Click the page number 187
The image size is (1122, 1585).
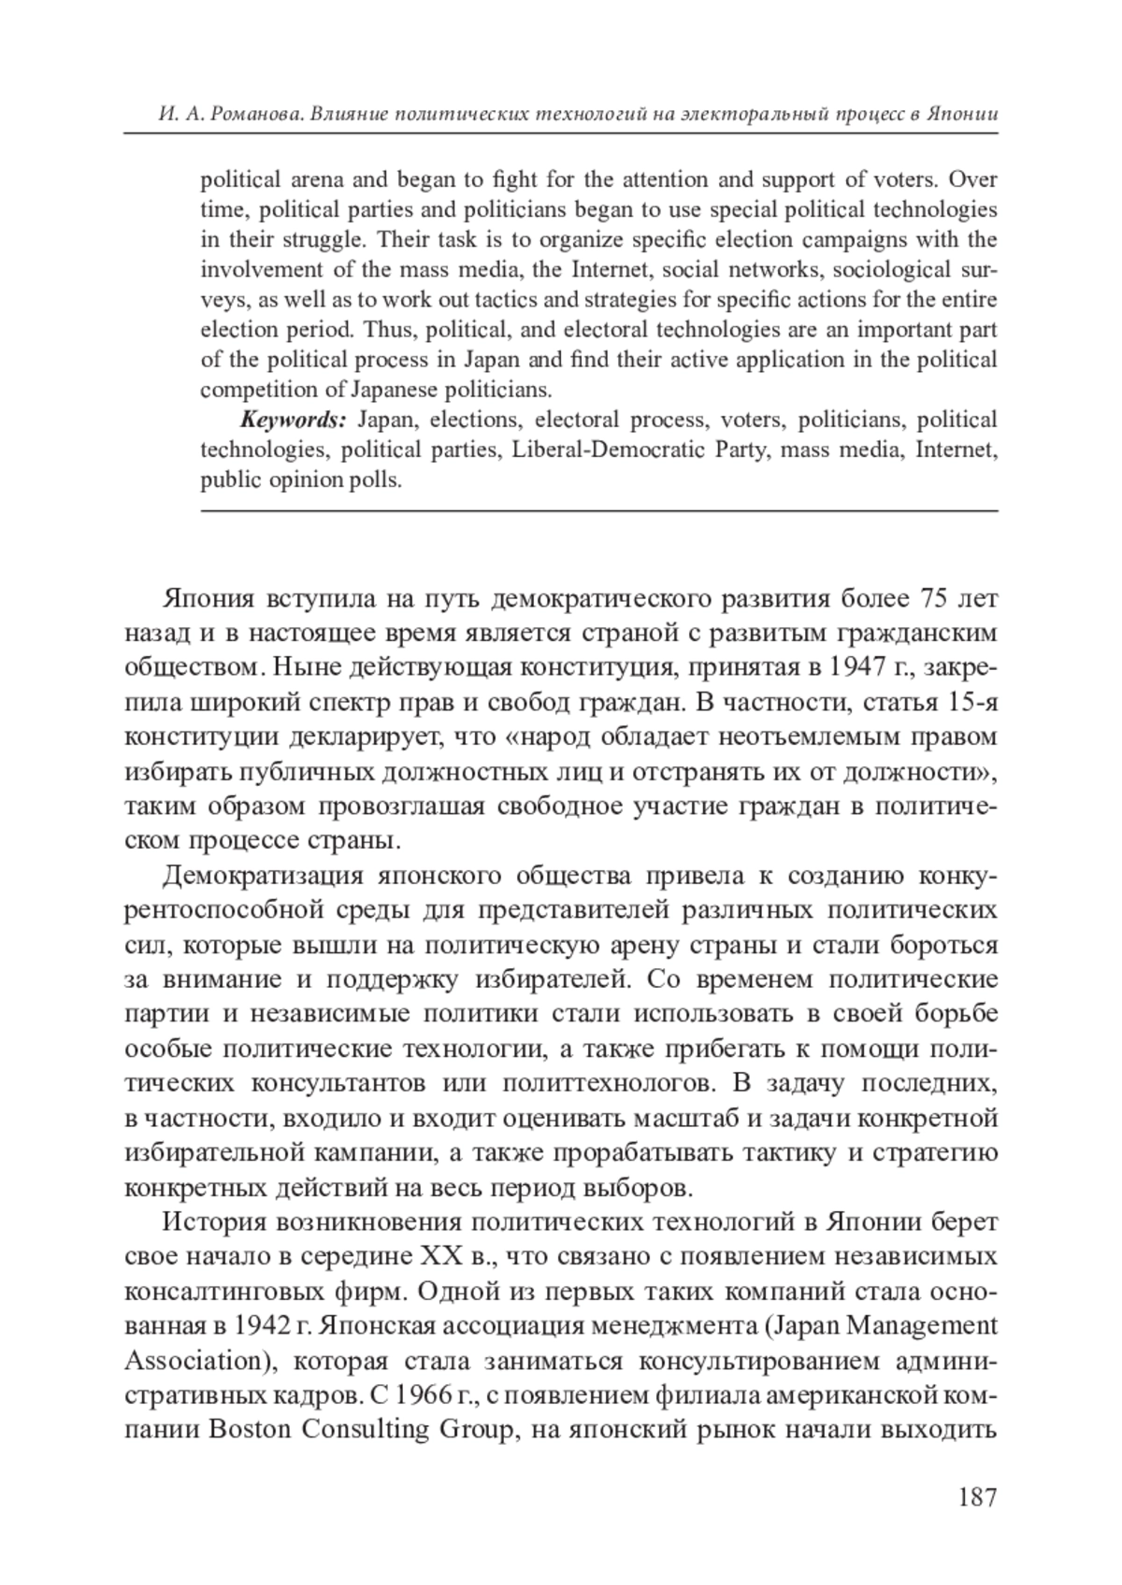pyautogui.click(x=977, y=1497)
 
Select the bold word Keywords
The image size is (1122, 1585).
pyautogui.click(x=294, y=420)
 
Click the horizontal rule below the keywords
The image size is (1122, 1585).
pyautogui.click(x=598, y=510)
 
